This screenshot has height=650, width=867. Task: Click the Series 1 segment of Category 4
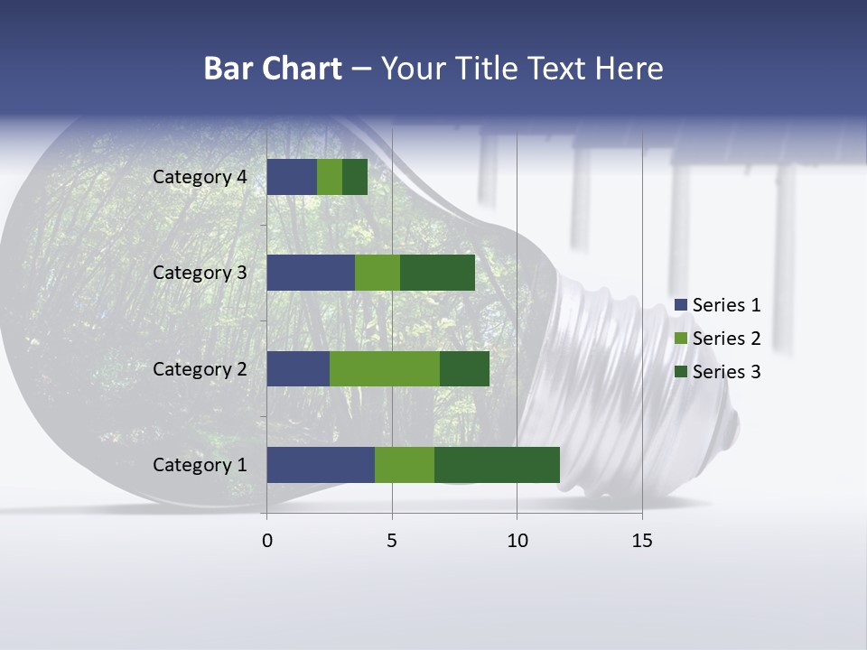coord(292,177)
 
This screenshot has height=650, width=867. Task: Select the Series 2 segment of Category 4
coord(330,177)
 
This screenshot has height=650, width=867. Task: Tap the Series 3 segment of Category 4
coord(355,177)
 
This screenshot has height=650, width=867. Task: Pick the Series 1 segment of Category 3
coord(311,273)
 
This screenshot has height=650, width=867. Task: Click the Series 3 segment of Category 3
coord(437,273)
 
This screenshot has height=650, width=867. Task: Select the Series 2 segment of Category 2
coord(385,368)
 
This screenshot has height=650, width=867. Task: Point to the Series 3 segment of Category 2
coord(464,368)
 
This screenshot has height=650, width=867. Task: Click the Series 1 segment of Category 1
coord(321,465)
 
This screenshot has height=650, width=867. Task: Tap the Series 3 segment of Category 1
coord(497,465)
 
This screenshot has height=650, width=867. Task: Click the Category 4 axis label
coord(200,177)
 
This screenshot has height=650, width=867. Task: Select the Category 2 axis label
coord(200,368)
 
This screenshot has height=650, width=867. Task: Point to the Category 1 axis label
coord(200,465)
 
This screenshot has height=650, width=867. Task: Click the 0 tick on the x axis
coord(267,541)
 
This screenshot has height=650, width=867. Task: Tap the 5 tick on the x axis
coord(392,541)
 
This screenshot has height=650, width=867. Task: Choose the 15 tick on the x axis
coord(642,541)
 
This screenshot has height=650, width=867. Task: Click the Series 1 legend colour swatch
coord(680,305)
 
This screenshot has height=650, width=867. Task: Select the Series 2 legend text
coord(726,339)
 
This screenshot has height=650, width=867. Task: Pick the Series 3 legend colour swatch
coord(680,372)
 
